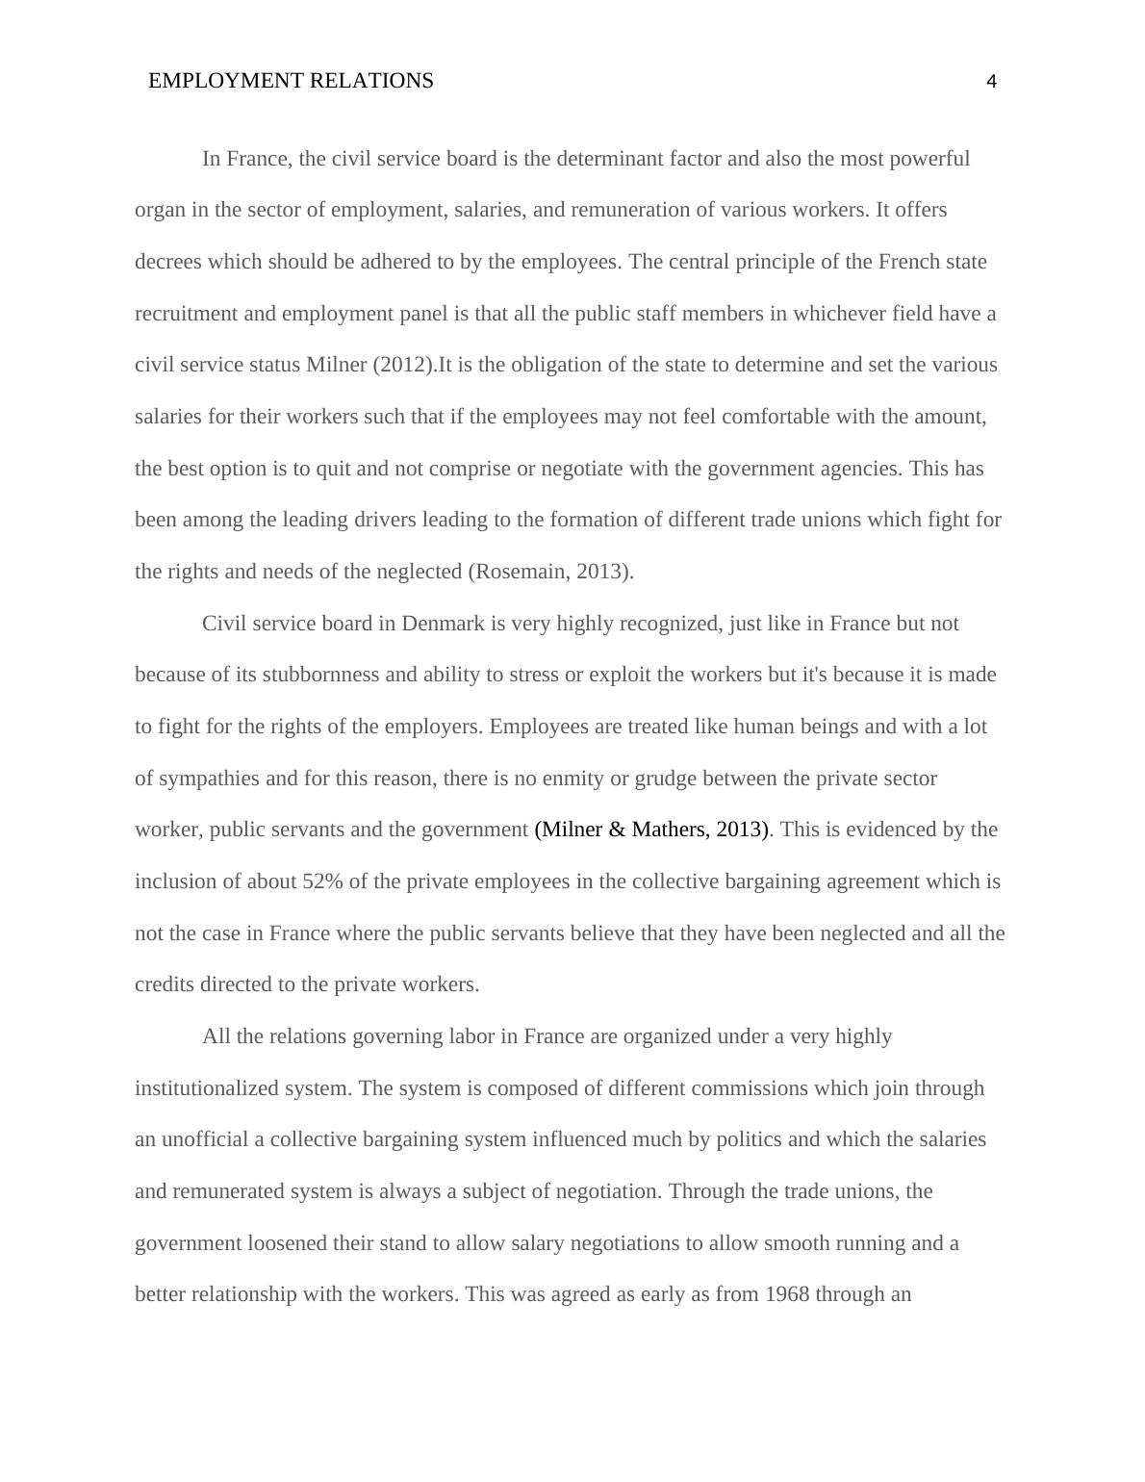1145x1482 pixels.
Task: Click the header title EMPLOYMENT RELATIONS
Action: click(x=291, y=81)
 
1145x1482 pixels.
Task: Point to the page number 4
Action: click(x=991, y=82)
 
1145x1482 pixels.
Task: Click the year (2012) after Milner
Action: click(x=404, y=365)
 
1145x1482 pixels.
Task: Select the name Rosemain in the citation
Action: click(x=519, y=572)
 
